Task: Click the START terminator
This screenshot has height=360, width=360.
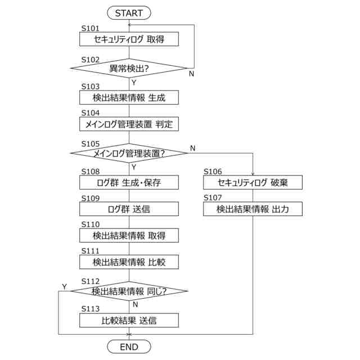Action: point(129,12)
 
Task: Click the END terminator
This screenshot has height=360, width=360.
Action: point(129,347)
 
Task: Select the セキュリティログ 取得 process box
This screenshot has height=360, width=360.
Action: point(129,39)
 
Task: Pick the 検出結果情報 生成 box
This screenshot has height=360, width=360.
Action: point(129,97)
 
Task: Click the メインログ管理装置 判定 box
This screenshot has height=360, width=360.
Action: point(129,124)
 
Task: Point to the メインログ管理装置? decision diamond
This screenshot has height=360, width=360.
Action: point(129,152)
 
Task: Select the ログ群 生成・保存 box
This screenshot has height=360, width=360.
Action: point(129,182)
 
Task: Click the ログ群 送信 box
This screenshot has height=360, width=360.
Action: point(129,209)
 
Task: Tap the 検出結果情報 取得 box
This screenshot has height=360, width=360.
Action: point(129,236)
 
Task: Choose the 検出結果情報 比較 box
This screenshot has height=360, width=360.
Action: point(129,262)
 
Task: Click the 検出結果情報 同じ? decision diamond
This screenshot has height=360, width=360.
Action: point(129,291)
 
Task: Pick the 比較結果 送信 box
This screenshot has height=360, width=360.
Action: point(129,321)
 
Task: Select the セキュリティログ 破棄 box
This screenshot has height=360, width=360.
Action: point(253,182)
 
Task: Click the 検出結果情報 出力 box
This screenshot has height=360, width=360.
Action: point(253,209)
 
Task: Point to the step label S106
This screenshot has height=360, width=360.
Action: point(213,172)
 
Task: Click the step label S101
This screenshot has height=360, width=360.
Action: point(90,28)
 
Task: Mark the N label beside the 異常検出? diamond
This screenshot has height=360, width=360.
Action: point(191,74)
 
